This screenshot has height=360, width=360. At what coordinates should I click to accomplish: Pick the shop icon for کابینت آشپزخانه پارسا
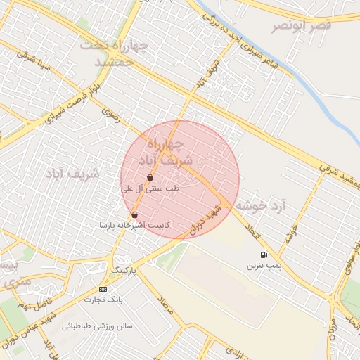(x=134, y=214)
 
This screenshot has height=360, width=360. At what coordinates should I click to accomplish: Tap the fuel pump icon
(x=263, y=255)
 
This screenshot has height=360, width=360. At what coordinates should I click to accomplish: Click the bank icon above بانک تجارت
(x=103, y=289)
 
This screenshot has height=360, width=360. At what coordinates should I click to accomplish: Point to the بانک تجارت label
(x=103, y=300)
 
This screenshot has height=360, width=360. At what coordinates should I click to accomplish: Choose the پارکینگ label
(x=120, y=269)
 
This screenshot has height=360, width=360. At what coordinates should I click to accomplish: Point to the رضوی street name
(x=110, y=112)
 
